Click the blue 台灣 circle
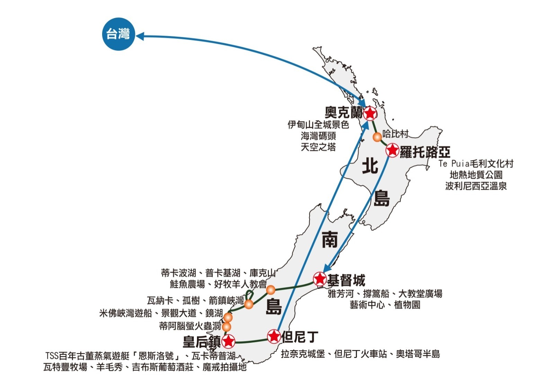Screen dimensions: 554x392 click(118, 34)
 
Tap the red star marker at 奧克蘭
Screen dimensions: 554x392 click(370, 113)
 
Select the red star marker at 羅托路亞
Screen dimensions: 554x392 click(393, 150)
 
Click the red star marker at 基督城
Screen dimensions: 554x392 click(320, 279)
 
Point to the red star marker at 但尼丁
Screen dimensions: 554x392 click(274, 336)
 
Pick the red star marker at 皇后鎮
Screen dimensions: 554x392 click(228, 341)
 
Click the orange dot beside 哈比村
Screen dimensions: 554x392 click(377, 137)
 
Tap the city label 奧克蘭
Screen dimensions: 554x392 click(343, 113)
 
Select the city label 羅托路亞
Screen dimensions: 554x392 click(425, 152)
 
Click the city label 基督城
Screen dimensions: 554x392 click(346, 280)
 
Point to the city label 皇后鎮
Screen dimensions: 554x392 click(202, 342)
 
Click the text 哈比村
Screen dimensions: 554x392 click(395, 134)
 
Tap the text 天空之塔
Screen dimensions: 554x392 click(318, 147)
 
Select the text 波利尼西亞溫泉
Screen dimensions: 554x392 click(476, 186)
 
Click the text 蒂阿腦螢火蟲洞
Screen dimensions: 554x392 click(190, 326)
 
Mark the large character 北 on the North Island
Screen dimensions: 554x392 click(370, 166)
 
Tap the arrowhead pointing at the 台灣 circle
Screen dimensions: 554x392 click(140, 36)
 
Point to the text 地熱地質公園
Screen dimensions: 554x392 click(476, 175)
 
